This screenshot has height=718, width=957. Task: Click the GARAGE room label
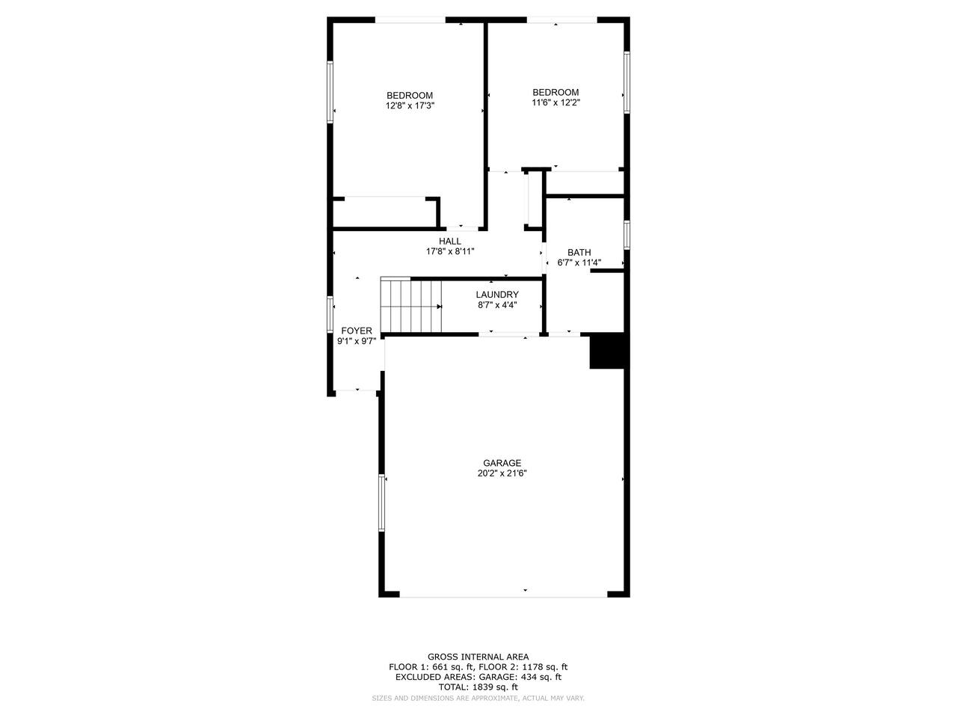[502, 463]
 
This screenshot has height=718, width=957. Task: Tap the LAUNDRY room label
[497, 295]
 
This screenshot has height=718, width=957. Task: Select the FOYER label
[357, 331]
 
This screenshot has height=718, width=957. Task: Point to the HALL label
[450, 241]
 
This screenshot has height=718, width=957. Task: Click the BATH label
[579, 252]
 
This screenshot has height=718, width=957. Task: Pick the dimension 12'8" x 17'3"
[410, 105]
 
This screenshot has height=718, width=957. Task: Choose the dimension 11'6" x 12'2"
[556, 102]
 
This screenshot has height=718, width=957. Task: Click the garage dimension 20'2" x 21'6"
[502, 473]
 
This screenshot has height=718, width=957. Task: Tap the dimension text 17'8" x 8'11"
[450, 251]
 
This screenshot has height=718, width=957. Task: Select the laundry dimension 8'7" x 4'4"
[497, 305]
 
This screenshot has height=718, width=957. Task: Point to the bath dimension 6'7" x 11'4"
[579, 263]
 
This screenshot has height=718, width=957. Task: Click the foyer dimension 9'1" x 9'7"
[357, 341]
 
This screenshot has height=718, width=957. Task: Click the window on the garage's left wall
[382, 503]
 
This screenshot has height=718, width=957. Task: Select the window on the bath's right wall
[627, 235]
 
